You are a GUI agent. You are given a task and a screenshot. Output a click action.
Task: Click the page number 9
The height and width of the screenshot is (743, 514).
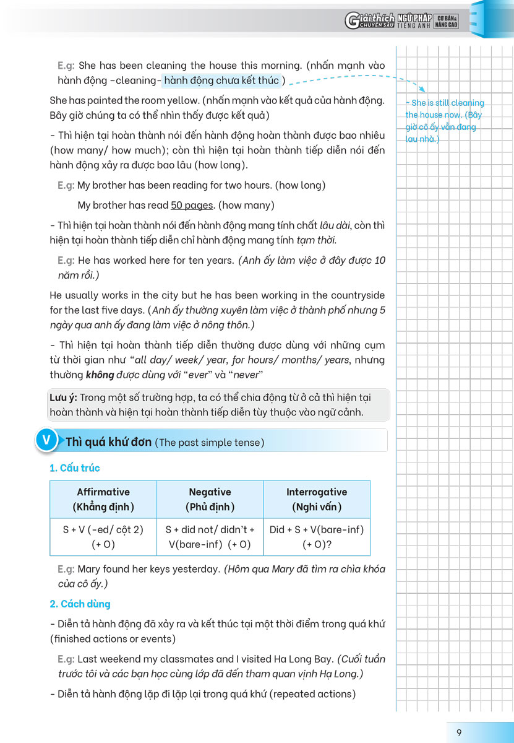[459, 732]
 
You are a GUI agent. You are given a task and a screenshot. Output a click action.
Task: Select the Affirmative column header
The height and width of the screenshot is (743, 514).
[103, 499]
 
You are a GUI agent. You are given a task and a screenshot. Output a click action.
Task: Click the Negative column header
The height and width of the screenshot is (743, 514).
[210, 499]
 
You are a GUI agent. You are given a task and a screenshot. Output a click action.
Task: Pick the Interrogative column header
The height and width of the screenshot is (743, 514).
[317, 499]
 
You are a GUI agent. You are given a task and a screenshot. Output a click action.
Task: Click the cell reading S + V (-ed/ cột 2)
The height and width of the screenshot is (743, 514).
[103, 537]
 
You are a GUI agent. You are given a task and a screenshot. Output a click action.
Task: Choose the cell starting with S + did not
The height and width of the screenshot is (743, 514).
[210, 537]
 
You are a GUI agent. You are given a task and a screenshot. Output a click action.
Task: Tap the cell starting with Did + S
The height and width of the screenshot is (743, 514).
[317, 537]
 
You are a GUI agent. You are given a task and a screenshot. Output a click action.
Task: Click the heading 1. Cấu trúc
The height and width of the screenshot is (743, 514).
[75, 468]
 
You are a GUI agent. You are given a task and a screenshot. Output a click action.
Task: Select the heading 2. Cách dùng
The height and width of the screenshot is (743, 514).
[80, 604]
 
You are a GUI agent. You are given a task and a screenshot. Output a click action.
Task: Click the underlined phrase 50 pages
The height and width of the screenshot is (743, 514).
[192, 205]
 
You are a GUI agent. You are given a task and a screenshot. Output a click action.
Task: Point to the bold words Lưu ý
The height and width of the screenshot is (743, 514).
[62, 398]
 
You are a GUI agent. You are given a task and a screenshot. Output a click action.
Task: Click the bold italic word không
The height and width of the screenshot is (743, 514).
[98, 375]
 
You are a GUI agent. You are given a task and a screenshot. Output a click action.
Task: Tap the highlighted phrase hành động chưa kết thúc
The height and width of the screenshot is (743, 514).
[221, 80]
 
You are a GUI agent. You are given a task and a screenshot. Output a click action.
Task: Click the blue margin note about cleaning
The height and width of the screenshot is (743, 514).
[444, 121]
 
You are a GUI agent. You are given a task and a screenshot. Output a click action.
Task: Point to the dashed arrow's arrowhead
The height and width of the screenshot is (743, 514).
[422, 90]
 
